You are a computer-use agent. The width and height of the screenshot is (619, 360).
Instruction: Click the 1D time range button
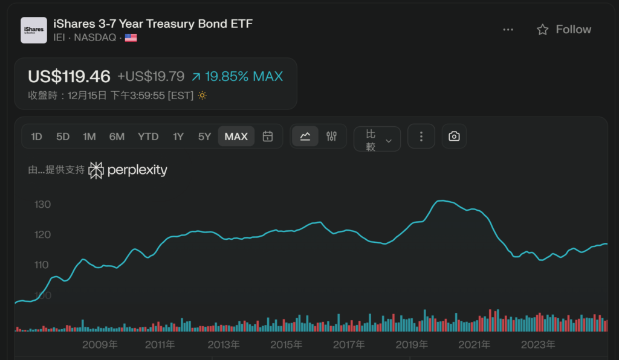pyautogui.click(x=36, y=137)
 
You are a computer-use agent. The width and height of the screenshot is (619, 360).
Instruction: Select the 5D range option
pyautogui.click(x=63, y=137)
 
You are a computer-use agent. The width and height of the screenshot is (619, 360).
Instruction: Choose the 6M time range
pyautogui.click(x=117, y=137)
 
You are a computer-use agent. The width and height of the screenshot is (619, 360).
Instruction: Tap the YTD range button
pyautogui.click(x=148, y=137)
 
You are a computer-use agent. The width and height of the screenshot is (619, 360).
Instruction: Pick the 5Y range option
pyautogui.click(x=204, y=137)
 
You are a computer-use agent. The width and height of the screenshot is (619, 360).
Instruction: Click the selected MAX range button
pyautogui.click(x=236, y=137)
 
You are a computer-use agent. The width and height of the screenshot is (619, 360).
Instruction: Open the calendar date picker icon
pyautogui.click(x=268, y=137)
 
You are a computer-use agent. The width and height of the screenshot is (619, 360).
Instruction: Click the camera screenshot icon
pyautogui.click(x=454, y=137)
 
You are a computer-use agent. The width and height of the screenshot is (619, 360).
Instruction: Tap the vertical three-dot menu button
pyautogui.click(x=421, y=137)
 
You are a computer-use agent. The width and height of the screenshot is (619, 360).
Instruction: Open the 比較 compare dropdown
pyautogui.click(x=377, y=140)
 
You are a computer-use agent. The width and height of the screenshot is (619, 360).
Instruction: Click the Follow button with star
pyautogui.click(x=564, y=30)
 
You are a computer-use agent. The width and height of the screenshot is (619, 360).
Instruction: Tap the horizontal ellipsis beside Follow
pyautogui.click(x=508, y=30)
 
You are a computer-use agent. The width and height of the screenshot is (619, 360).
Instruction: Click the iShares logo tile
pyautogui.click(x=34, y=30)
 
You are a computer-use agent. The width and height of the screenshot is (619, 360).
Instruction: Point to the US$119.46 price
pyautogui.click(x=70, y=77)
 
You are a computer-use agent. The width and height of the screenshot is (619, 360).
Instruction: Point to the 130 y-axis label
pyautogui.click(x=43, y=205)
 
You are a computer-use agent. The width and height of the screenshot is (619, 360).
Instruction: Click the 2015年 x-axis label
pyautogui.click(x=286, y=345)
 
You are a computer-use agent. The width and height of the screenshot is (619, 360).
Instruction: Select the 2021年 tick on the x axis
pyautogui.click(x=475, y=345)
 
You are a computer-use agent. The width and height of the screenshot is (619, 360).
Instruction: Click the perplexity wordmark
pyautogui.click(x=137, y=170)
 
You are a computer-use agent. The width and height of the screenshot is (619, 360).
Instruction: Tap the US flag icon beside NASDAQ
pyautogui.click(x=131, y=38)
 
